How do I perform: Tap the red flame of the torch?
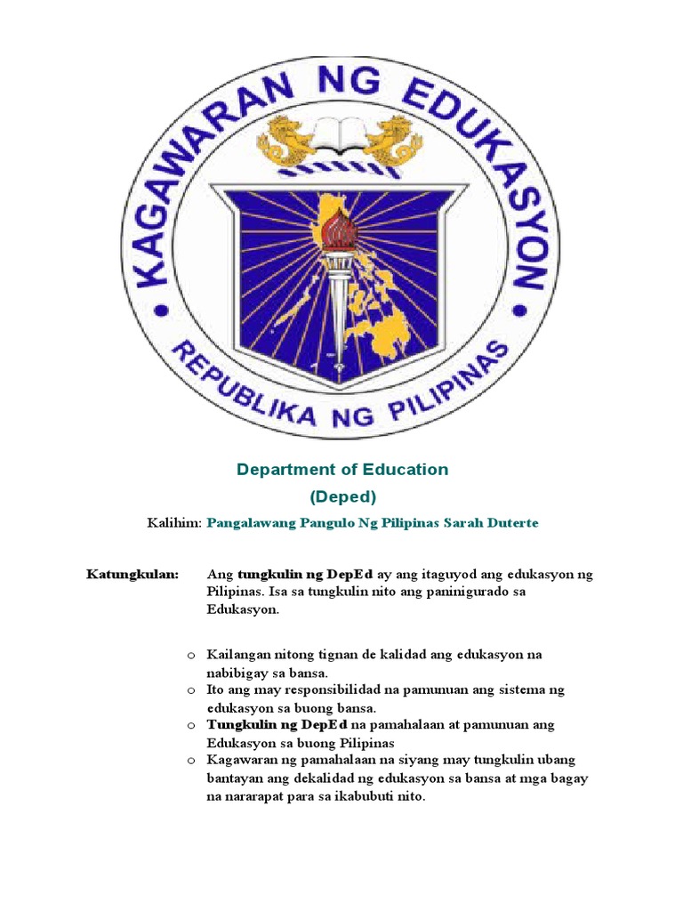pos(341,230)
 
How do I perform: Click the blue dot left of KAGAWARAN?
pos(161,310)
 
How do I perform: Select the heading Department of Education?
pos(342,469)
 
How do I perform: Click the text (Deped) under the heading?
pos(342,496)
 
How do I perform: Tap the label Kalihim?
pos(174,523)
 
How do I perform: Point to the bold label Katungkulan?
pos(133,575)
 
